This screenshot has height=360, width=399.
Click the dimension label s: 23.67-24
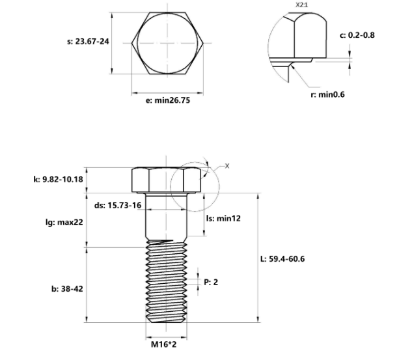coord(87,42)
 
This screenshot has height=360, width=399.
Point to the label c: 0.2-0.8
coord(357,35)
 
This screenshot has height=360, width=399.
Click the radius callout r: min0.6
coord(327,94)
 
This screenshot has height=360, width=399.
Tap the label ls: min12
coord(223,219)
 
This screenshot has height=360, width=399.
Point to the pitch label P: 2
coord(211,282)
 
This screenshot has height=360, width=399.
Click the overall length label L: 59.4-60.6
coord(282,258)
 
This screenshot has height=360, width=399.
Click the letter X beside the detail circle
coord(227,166)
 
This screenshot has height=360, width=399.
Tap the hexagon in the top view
coord(169,44)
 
